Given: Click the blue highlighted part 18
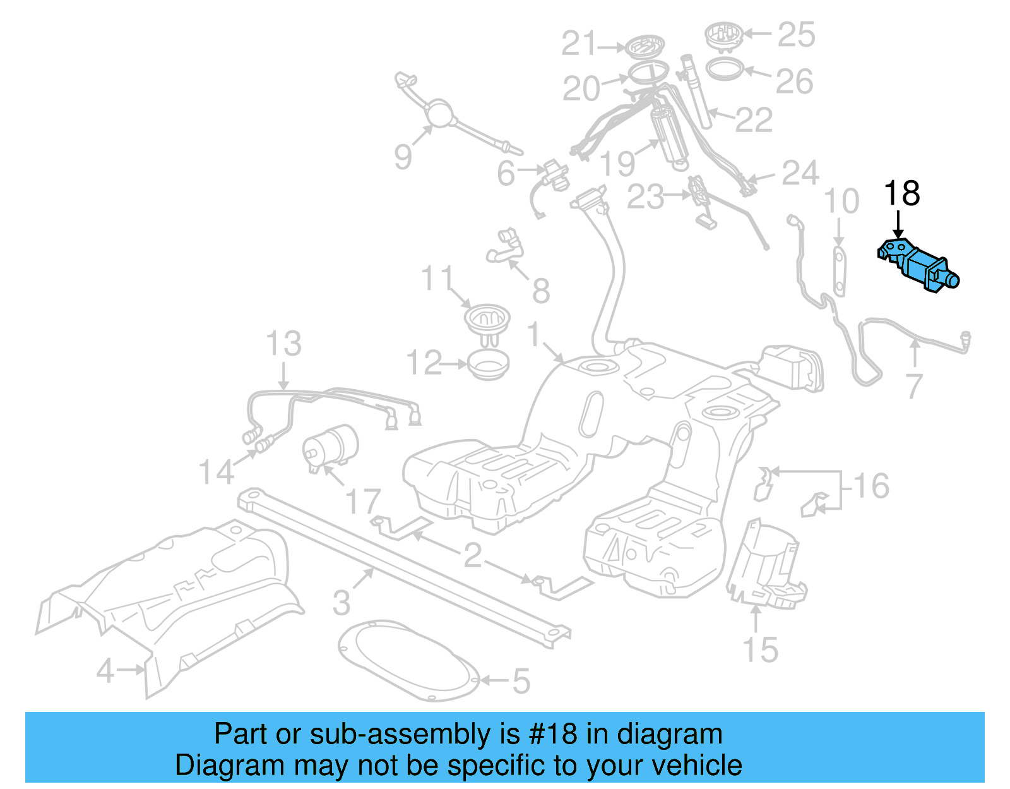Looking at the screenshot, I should click(x=919, y=267).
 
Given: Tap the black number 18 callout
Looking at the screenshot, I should click(x=901, y=193).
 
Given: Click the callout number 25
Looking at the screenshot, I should click(x=796, y=34).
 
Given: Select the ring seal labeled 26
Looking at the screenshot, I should click(x=723, y=68).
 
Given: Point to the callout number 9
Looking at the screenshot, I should click(x=403, y=156).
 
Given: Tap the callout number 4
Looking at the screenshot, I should click(x=105, y=670).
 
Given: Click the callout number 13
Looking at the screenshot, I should click(x=283, y=344).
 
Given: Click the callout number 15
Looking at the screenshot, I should click(x=760, y=649).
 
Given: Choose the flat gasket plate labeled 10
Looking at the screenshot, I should click(x=839, y=272).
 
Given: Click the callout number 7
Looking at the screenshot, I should click(x=915, y=386).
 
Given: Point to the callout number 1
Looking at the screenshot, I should click(x=534, y=334).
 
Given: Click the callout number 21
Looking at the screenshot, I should click(x=579, y=44).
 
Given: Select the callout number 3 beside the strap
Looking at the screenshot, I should click(x=342, y=602).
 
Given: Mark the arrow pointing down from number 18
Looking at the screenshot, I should click(x=898, y=225).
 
